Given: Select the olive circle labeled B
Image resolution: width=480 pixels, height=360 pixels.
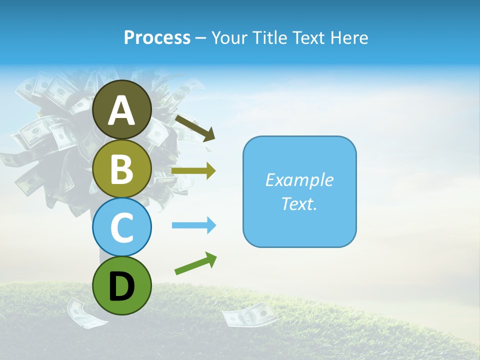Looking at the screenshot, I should (121, 168).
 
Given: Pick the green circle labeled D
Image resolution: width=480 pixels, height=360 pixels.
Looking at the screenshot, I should (121, 285).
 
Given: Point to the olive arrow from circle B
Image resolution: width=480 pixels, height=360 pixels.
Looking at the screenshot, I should (193, 171).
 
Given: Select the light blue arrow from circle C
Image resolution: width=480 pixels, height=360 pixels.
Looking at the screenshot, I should (194, 225).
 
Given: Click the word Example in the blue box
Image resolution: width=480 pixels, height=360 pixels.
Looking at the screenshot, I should (299, 180).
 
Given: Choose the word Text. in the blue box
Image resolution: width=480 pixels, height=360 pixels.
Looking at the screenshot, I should (299, 203).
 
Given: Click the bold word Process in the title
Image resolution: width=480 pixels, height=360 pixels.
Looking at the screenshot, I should (157, 37).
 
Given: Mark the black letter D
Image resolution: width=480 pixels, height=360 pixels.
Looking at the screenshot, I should (121, 286).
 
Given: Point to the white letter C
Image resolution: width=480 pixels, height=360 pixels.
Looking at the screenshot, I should (121, 227).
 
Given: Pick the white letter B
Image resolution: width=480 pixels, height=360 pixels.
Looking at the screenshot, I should (121, 169).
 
